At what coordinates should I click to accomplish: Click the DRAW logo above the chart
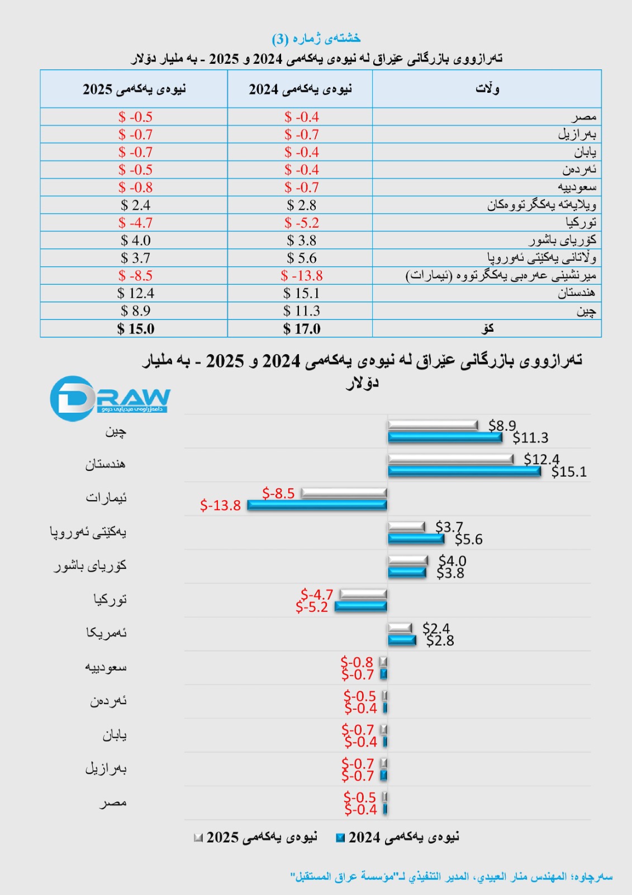[x=110, y=398]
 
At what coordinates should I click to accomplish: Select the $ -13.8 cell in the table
[x=301, y=276]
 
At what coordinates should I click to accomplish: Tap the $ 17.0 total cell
[x=301, y=329]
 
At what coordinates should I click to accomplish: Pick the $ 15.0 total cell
[x=135, y=329]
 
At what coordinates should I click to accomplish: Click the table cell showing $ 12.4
[x=135, y=293]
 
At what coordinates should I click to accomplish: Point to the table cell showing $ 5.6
[x=301, y=258]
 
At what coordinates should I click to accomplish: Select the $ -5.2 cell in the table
[x=301, y=223]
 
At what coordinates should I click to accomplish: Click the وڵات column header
[x=487, y=89]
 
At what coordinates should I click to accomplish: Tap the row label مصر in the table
[x=583, y=117]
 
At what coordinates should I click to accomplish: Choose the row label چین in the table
[x=586, y=311]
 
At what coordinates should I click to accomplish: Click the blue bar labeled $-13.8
[x=317, y=505]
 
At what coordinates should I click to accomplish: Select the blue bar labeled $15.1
[x=464, y=471]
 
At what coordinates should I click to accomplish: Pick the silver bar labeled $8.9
[x=433, y=426]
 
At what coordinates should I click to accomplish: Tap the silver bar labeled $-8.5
[x=344, y=493]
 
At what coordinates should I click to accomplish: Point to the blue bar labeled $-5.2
[x=361, y=606]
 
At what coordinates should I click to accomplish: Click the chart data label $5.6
[x=468, y=539]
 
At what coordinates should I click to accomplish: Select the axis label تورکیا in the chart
[x=110, y=599]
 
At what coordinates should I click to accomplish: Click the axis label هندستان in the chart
[x=105, y=464]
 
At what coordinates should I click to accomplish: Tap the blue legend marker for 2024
[x=340, y=838]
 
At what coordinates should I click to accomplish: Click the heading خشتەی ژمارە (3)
[x=316, y=38]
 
